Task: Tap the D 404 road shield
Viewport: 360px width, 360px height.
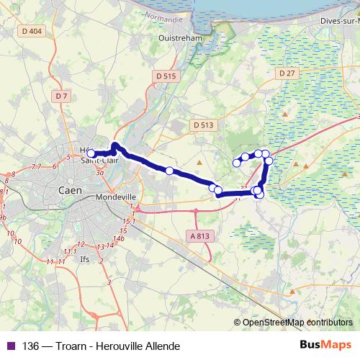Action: pos(32,51)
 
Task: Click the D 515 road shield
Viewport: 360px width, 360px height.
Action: pos(165,75)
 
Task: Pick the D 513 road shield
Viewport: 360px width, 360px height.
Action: pos(204,125)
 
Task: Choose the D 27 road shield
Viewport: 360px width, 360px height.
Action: pos(287,73)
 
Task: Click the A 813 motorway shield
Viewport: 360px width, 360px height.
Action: pos(201,235)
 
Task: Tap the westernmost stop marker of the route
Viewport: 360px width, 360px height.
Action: pos(91,153)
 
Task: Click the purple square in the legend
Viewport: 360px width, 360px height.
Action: pos(9,346)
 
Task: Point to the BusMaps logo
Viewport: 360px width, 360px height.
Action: pos(325,346)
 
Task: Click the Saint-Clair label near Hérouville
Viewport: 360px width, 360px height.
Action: pos(100,161)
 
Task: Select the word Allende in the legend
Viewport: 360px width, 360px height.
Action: pos(161,346)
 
